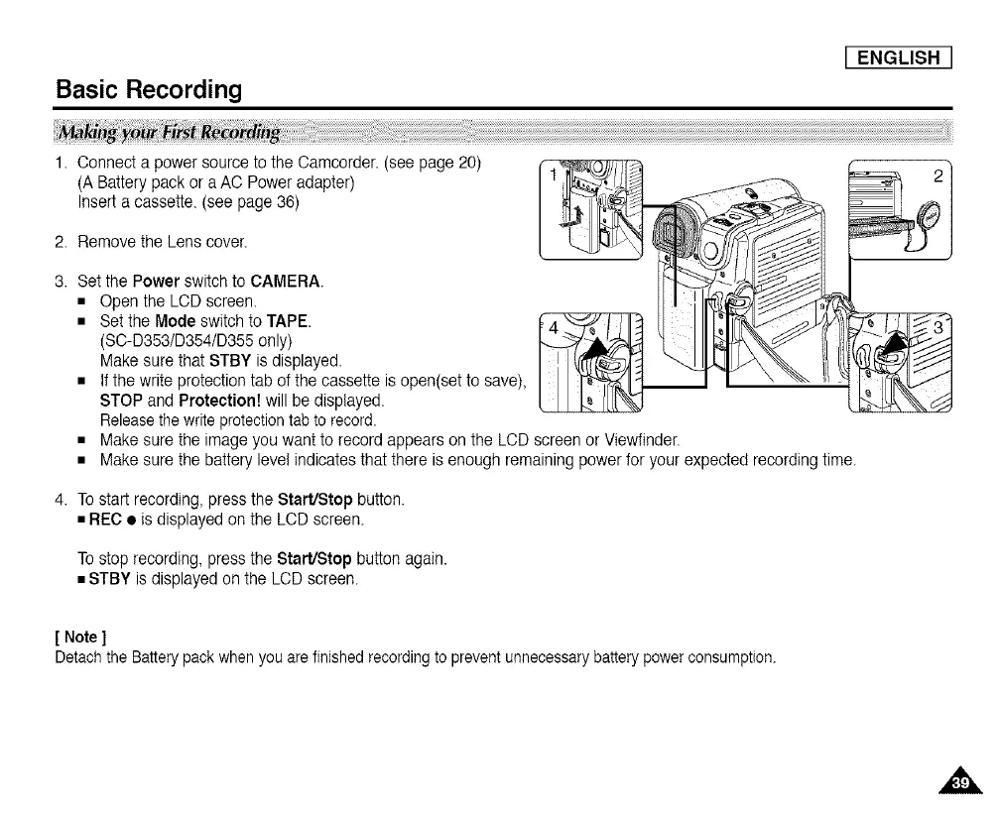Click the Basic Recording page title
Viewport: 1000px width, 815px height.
point(148,90)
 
